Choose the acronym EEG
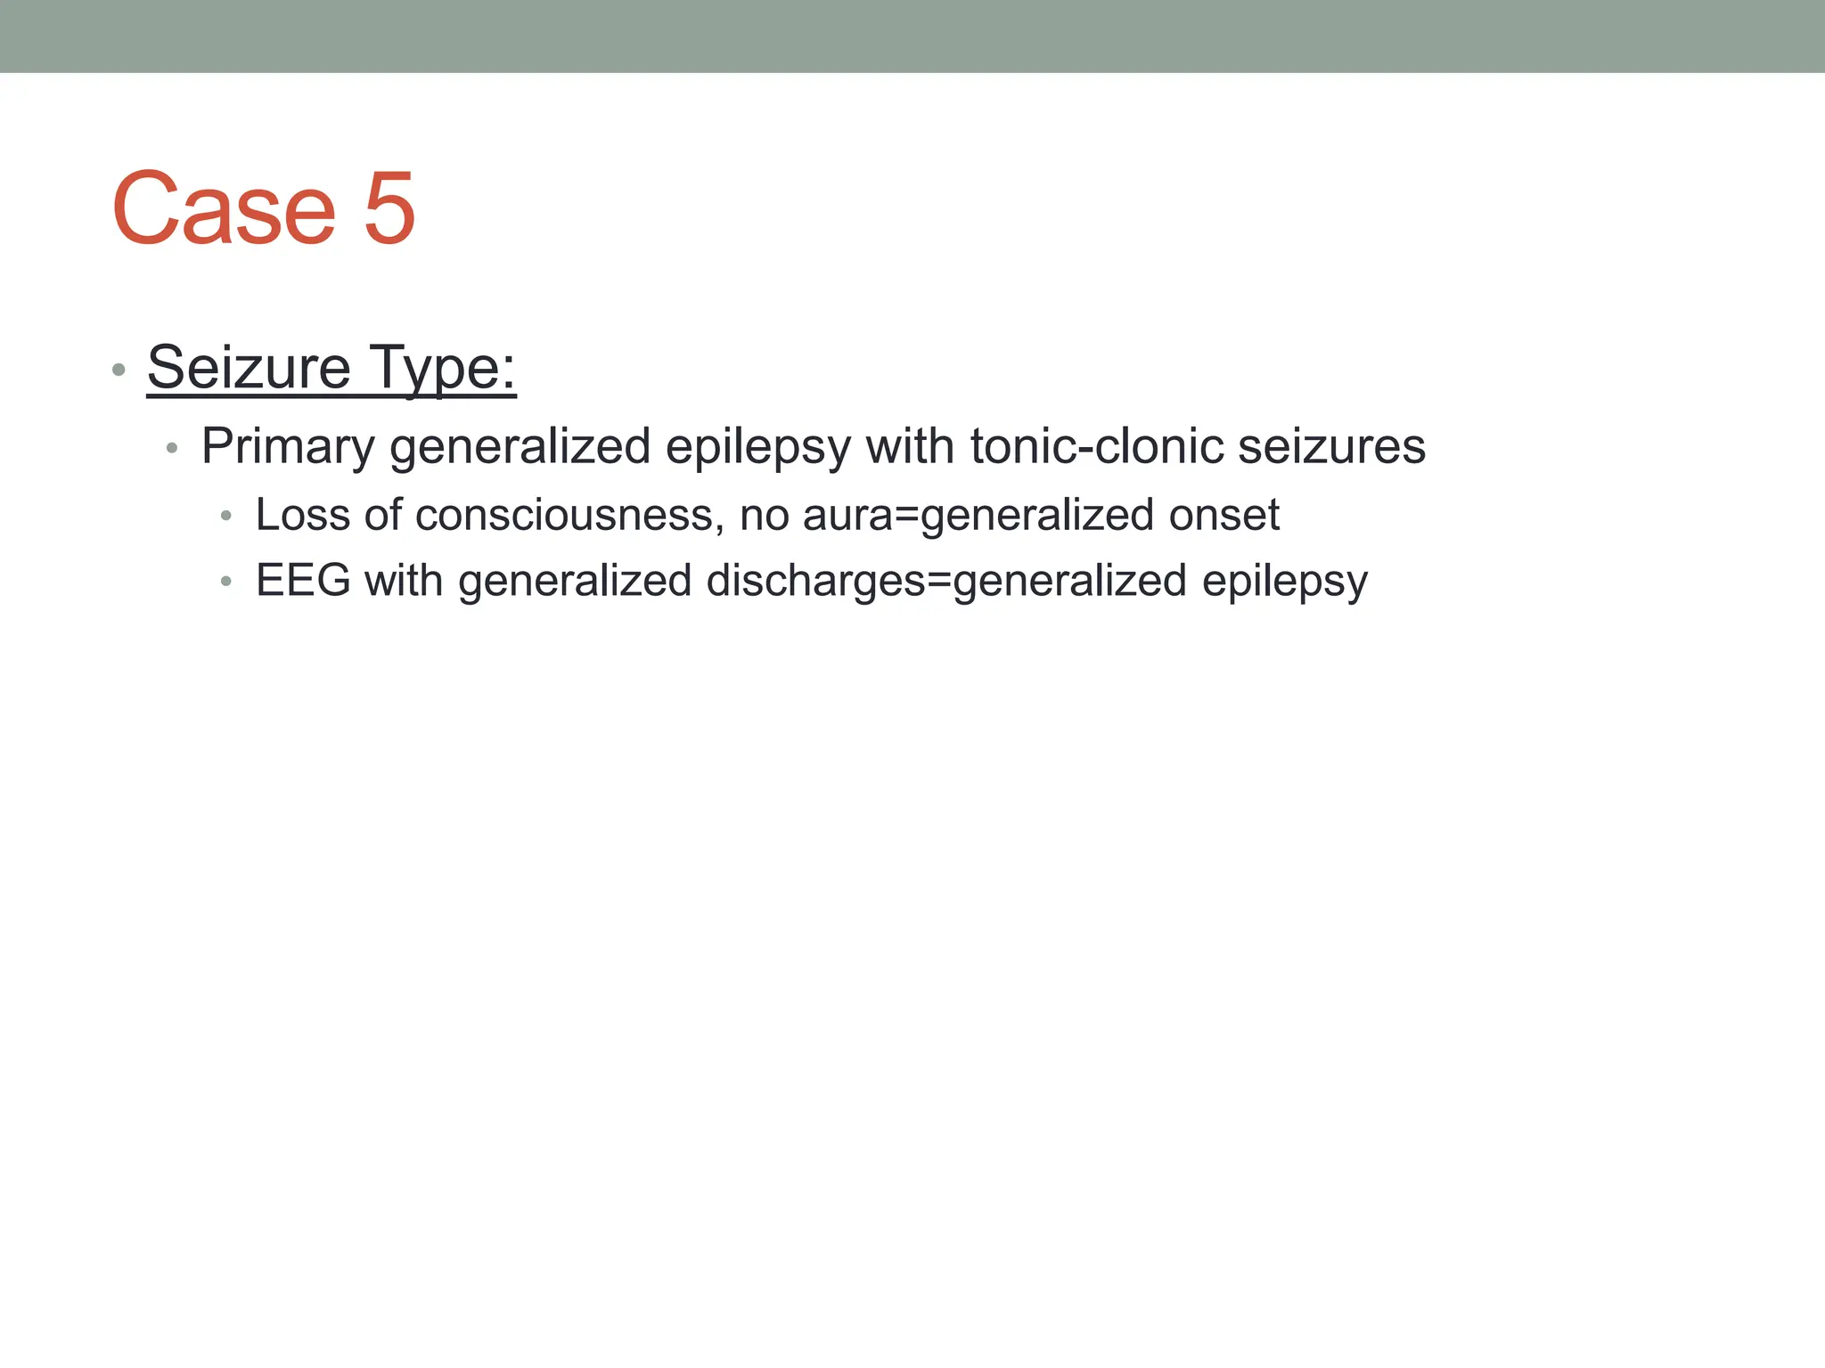303,581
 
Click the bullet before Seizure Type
119,370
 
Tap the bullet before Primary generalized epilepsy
173,448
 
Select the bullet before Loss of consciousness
226,517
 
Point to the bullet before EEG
226,582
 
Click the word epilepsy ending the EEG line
1284,581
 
